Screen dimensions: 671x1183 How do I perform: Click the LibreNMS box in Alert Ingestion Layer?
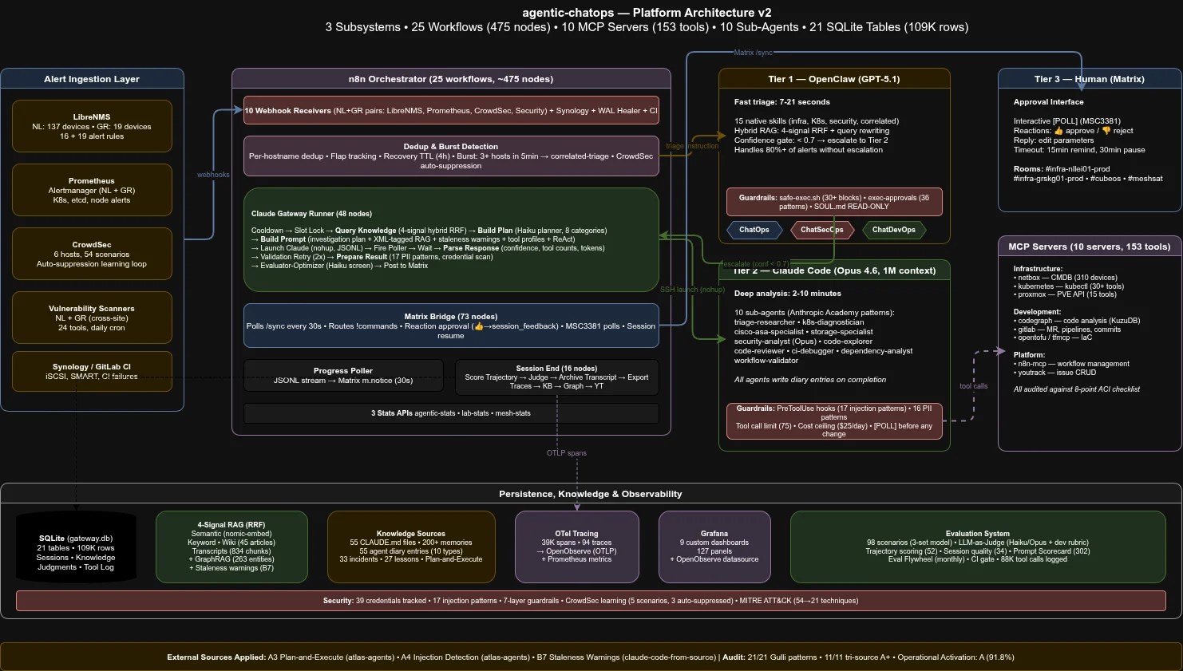tap(92, 126)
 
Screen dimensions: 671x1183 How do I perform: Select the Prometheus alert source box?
tap(92, 190)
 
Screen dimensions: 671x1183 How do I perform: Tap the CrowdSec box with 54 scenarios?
tap(92, 254)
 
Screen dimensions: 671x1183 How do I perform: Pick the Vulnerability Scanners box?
tap(92, 318)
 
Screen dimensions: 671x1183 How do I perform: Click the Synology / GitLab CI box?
tap(92, 372)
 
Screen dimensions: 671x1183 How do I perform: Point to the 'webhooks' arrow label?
tap(213, 175)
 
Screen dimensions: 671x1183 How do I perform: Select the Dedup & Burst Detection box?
tap(451, 156)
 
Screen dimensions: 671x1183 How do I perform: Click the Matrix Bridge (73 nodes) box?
tap(451, 326)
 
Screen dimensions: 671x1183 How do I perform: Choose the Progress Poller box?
tap(343, 376)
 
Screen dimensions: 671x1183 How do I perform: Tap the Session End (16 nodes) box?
tap(556, 377)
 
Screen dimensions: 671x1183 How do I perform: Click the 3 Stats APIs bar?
tap(451, 413)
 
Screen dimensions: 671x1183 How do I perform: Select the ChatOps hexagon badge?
tap(754, 230)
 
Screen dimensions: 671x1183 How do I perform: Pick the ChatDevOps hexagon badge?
tap(893, 230)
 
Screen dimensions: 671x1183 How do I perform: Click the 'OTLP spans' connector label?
tap(567, 453)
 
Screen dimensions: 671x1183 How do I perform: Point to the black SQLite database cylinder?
tap(76, 548)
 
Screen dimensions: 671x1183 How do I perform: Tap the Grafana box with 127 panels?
tap(714, 547)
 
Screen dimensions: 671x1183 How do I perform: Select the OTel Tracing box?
tap(576, 547)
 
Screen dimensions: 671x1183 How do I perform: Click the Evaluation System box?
tap(978, 547)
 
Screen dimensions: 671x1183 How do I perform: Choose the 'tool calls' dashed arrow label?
tap(973, 386)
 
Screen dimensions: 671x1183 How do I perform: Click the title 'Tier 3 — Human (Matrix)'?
tap(1090, 79)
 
